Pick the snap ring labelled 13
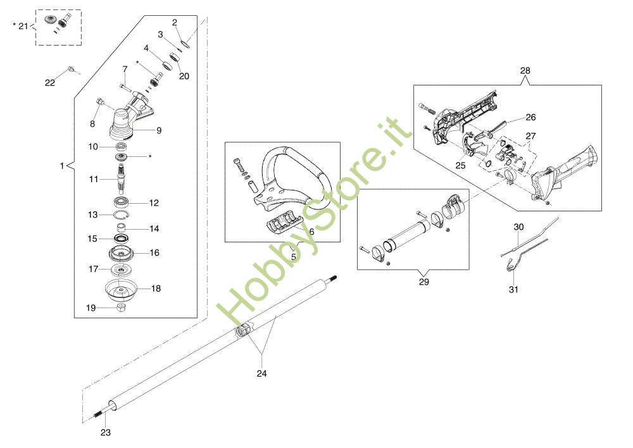click(120, 215)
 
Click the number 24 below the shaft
click(261, 373)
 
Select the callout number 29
click(423, 282)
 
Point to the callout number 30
click(519, 227)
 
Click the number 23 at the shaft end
click(106, 433)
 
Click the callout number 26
click(530, 116)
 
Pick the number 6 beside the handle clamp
click(311, 232)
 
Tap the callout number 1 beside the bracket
click(61, 166)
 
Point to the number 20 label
click(184, 76)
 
